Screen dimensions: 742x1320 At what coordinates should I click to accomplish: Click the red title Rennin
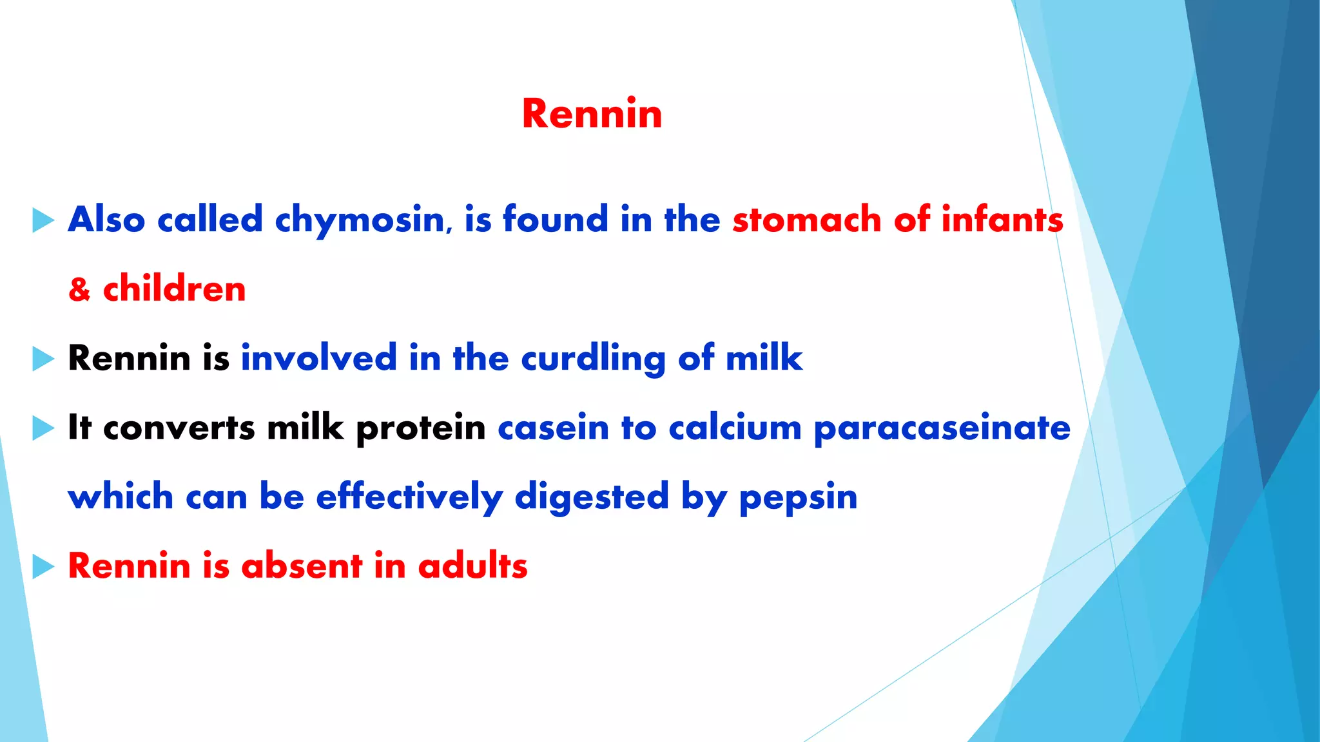tap(592, 114)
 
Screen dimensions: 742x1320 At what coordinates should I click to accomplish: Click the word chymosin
tap(360, 220)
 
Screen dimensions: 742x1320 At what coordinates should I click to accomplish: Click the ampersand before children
tap(79, 289)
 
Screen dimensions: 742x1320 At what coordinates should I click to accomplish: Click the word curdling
tap(593, 359)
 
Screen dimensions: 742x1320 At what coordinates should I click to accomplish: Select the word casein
tap(553, 428)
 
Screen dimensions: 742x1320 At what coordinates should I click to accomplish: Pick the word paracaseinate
tap(942, 429)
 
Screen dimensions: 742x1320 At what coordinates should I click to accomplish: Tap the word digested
tap(592, 498)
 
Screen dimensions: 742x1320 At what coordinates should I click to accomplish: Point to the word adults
tap(472, 566)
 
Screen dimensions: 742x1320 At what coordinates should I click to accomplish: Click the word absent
tap(302, 566)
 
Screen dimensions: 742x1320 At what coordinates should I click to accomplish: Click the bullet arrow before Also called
tap(43, 220)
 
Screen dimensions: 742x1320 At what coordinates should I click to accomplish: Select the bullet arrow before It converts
tap(43, 428)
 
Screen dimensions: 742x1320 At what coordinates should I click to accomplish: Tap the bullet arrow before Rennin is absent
tap(43, 567)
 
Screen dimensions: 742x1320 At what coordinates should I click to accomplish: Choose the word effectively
tap(409, 497)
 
